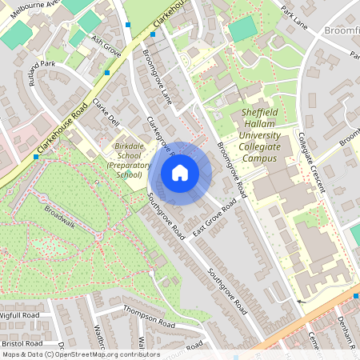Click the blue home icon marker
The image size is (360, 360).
coord(180,173)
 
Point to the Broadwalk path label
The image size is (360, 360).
coord(60,217)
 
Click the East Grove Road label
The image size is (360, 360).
coord(214,218)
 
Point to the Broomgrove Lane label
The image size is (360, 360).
coord(156,77)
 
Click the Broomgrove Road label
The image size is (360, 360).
coord(231,173)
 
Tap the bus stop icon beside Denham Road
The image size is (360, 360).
coord(355,297)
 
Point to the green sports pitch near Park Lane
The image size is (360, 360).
coord(242,29)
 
